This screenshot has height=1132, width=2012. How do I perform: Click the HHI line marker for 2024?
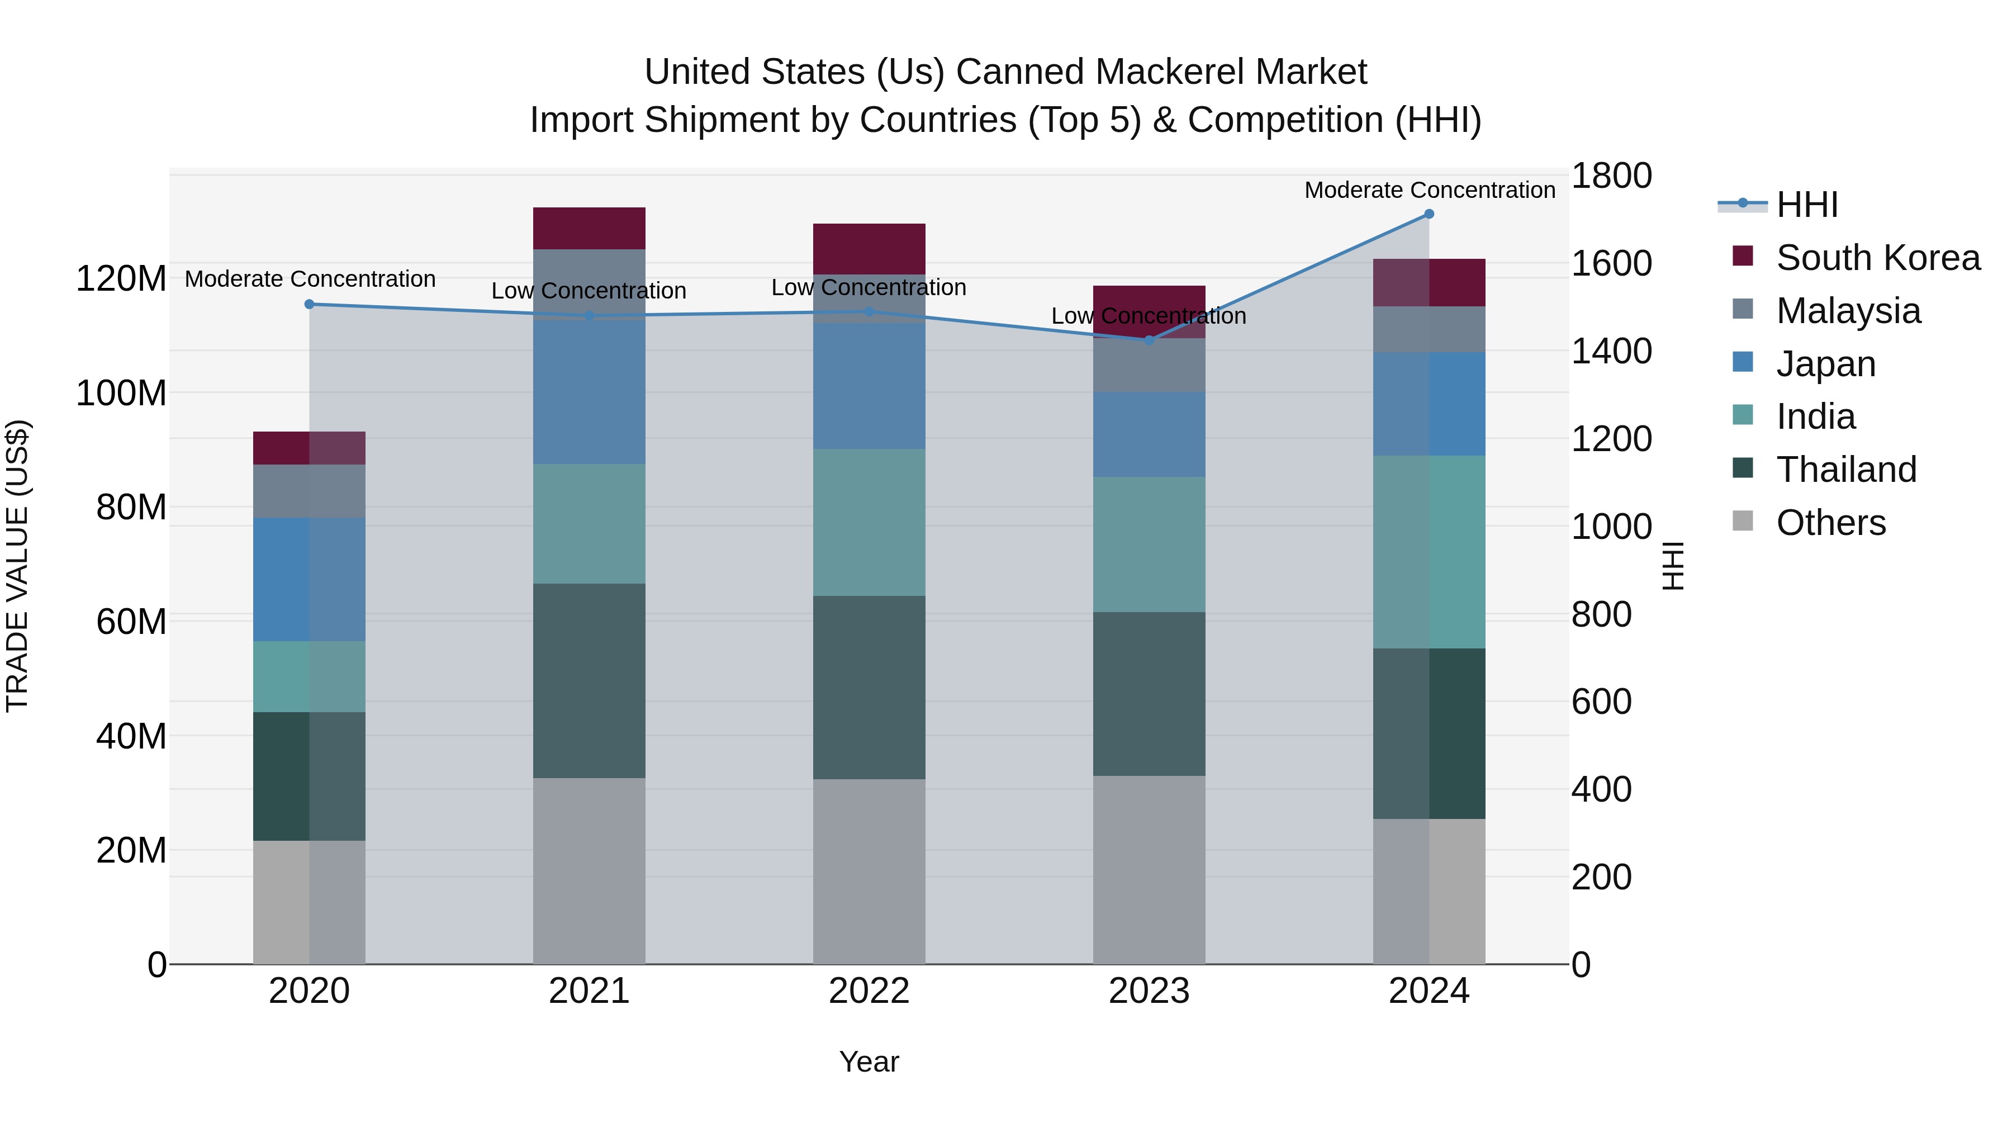point(1429,214)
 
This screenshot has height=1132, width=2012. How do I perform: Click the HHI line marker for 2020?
point(309,304)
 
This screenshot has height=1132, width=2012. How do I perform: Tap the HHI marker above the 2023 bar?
point(1149,340)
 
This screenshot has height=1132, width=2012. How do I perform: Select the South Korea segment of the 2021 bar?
point(589,228)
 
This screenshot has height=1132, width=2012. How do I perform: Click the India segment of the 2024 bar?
point(1429,552)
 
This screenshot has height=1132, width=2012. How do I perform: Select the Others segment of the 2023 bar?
point(1149,869)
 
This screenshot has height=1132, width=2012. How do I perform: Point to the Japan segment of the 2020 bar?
point(309,579)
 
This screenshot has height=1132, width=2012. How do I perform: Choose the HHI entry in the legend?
point(1806,205)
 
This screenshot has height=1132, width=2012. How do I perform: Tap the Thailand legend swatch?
point(1743,468)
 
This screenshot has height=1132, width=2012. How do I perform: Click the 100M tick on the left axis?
point(121,393)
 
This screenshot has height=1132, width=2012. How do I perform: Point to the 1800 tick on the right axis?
point(1611,176)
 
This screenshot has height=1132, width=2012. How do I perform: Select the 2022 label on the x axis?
point(869,991)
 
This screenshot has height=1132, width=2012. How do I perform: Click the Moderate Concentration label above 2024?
point(1429,190)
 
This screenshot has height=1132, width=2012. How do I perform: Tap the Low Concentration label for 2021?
point(589,291)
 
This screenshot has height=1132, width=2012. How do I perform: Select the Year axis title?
point(869,1062)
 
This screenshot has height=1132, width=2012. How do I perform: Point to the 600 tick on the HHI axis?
point(1601,702)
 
